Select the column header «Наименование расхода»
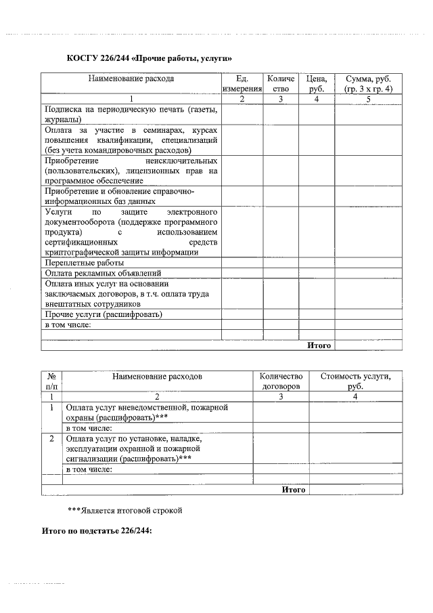pos(131,79)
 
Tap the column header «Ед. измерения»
pos(242,83)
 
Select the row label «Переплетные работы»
pos(84,262)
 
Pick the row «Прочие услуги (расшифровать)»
pos(104,314)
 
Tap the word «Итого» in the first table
pos(319,345)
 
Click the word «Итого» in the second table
pos(294,489)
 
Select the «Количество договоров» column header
pos(280,381)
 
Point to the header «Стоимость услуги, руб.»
pos(356,381)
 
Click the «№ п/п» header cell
pos(51,381)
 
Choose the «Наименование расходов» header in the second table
pos(157,376)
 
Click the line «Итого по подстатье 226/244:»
pos(97,531)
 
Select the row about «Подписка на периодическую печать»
pos(131,112)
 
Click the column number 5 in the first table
pos(368,99)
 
